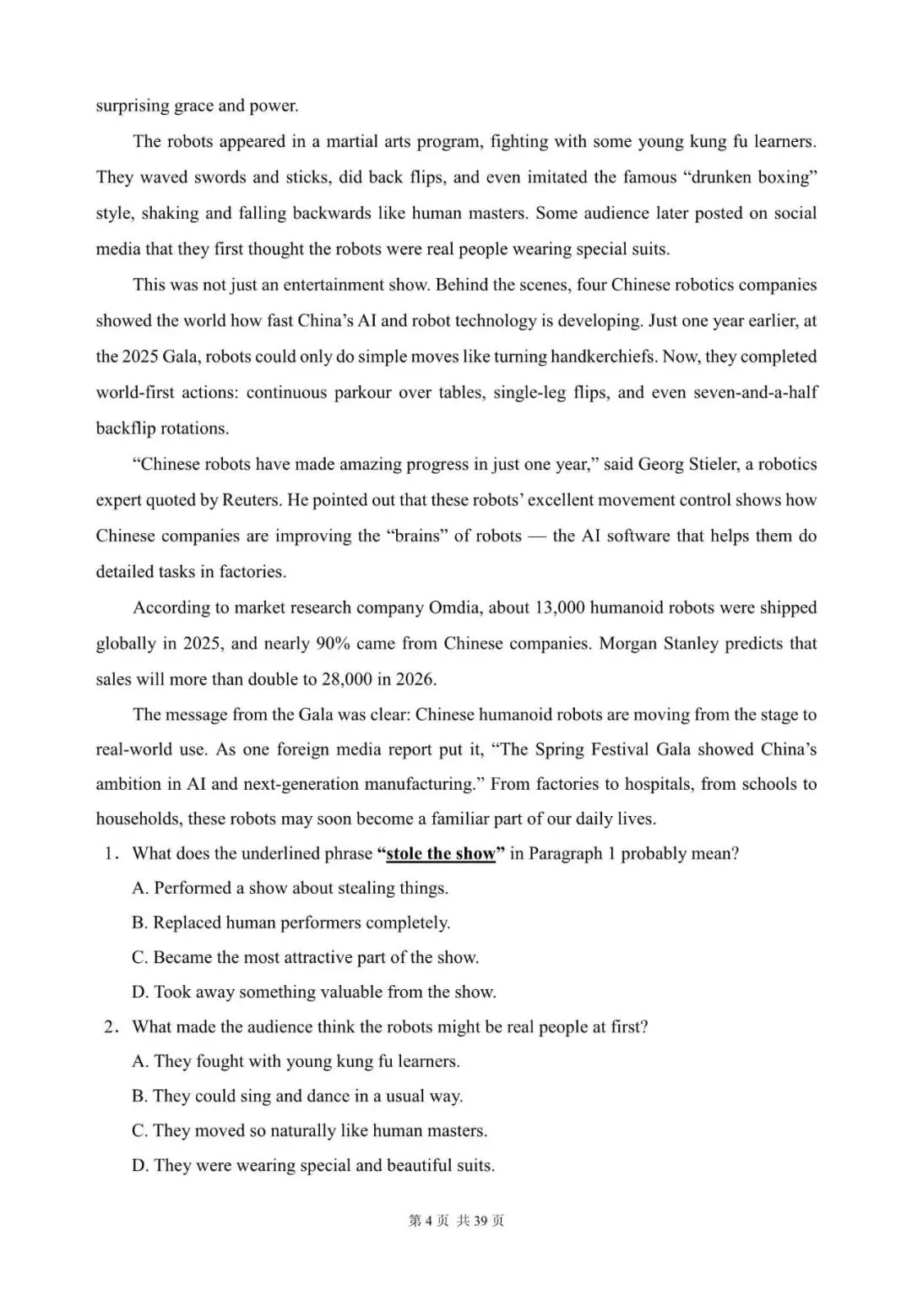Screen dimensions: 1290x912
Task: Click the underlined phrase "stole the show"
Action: [440, 853]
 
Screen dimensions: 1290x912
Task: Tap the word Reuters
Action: [250, 499]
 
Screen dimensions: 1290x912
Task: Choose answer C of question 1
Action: [306, 957]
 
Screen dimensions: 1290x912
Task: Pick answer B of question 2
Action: [297, 1096]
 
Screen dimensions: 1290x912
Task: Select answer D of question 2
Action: [313, 1165]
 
